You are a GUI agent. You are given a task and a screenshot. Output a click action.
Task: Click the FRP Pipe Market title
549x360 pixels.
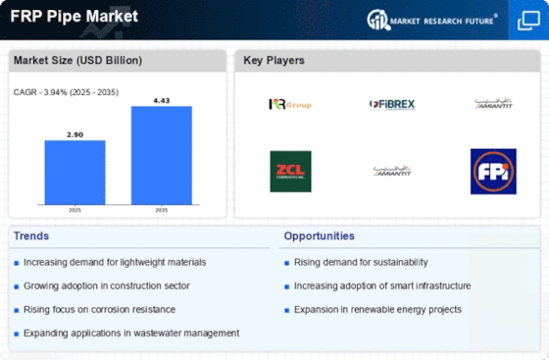75,17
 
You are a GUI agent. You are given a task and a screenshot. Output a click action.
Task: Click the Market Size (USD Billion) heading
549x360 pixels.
77,61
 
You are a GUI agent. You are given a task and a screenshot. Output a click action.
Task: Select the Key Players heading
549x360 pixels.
274,61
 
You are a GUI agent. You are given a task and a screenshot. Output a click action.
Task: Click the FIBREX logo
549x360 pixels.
392,104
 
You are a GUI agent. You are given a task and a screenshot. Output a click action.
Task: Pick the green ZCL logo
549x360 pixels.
290,171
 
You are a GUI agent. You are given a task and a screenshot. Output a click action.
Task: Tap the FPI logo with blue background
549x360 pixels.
493,171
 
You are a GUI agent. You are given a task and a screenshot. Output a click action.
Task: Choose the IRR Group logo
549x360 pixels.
290,104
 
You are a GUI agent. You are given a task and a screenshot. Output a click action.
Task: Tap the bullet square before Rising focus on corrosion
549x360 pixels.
17,309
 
